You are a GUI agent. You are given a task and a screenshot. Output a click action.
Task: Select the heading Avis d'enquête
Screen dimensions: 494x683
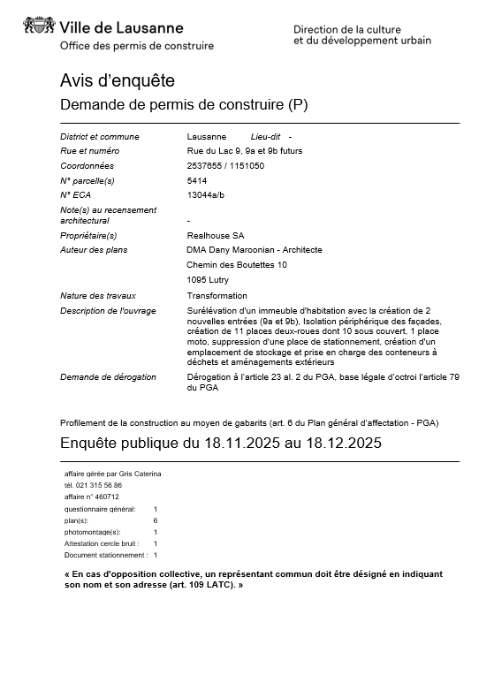coord(117,80)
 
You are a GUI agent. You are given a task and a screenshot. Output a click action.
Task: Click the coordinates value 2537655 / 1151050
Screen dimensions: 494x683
coord(225,165)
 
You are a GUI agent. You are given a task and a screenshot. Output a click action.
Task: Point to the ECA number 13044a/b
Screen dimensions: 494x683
coord(207,194)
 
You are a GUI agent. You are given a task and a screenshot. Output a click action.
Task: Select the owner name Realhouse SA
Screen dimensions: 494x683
coord(216,236)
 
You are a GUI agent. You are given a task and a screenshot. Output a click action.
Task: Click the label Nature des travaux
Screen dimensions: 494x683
coord(98,296)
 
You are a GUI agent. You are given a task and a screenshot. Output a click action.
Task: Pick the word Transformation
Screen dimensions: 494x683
coord(217,296)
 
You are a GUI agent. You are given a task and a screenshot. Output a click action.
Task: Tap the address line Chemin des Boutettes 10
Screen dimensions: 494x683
coord(237,264)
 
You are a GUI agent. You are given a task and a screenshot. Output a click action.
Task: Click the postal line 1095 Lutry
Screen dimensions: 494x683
coord(208,280)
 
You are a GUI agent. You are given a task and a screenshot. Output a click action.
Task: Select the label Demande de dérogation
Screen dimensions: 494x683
coord(108,377)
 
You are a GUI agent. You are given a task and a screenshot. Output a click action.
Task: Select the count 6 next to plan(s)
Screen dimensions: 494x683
coord(156,521)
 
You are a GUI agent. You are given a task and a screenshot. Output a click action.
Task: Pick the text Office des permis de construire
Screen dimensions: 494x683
coord(136,46)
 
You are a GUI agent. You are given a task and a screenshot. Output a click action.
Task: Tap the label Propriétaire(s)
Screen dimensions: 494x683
coord(88,236)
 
